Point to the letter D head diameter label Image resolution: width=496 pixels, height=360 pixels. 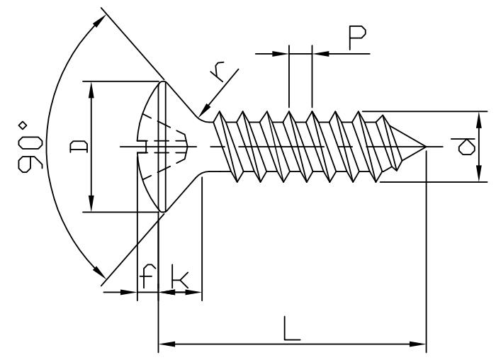tap(77, 147)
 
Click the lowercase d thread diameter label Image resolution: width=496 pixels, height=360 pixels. tap(466, 147)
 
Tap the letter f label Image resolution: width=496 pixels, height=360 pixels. tap(147, 278)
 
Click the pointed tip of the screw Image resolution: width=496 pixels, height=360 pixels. tap(425, 147)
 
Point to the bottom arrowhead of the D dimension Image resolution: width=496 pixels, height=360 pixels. tap(91, 205)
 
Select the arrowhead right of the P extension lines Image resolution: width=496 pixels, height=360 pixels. tap(318, 52)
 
